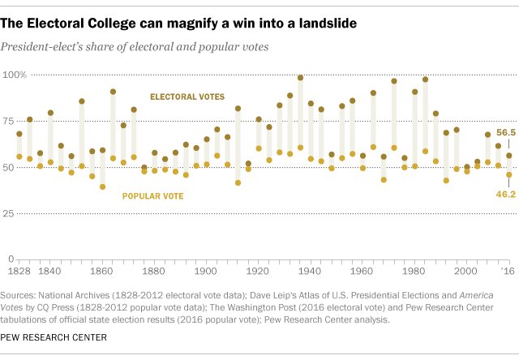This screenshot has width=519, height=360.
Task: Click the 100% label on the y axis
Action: click(16, 75)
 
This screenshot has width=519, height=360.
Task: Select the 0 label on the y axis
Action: click(12, 259)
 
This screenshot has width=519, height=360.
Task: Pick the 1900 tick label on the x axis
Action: click(207, 270)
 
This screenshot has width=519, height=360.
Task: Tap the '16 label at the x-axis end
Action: click(505, 270)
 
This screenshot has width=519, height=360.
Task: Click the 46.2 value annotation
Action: click(505, 195)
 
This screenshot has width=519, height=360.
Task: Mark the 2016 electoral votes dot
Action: click(509, 156)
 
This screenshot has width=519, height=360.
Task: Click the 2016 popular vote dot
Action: click(509, 174)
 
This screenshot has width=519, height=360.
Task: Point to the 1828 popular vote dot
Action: click(19, 156)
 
